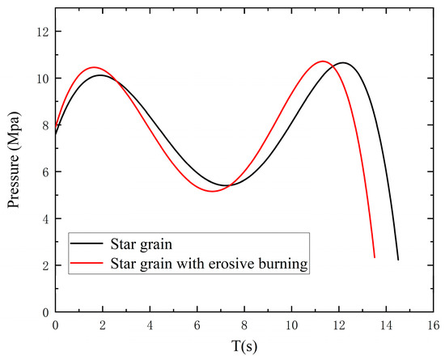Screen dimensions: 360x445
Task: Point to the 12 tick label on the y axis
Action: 40,32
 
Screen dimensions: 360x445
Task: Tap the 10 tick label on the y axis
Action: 40,78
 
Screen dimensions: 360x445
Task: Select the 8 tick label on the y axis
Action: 43,125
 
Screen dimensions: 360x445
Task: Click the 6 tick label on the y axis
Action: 43,172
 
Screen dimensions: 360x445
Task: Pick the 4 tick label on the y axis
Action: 43,219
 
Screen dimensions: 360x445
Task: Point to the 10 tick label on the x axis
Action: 292,324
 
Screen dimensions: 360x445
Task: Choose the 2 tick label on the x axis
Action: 102,324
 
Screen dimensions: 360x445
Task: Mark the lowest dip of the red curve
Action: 212,192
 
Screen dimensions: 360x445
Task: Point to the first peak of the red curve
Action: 93,67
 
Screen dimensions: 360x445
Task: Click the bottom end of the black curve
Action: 398,260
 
